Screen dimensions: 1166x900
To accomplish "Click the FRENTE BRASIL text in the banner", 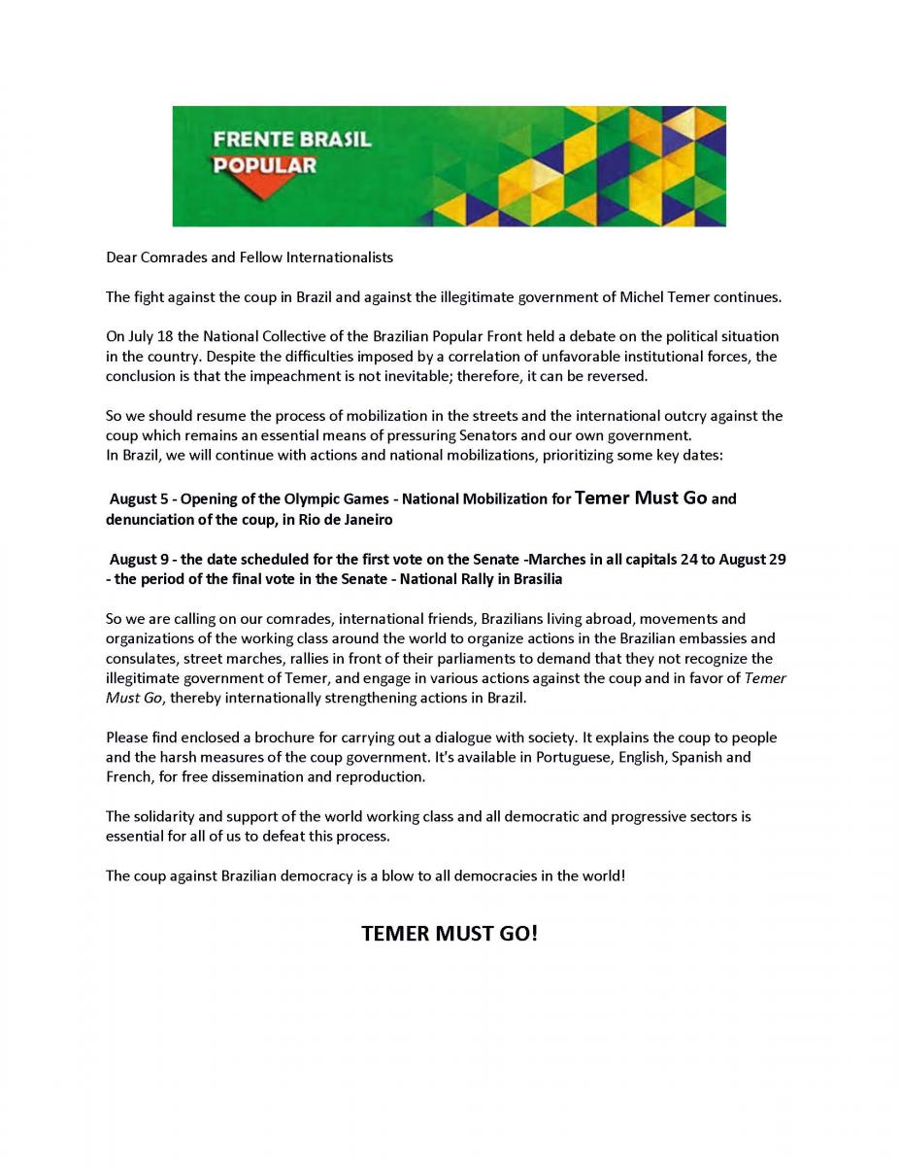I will click(291, 139).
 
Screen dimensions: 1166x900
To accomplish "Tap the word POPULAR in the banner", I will click(264, 165).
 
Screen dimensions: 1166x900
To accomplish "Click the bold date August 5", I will click(139, 499).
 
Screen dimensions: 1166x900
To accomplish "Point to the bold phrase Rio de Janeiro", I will click(344, 520).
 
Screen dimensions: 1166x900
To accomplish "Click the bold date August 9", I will click(139, 560).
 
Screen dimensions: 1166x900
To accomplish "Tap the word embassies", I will click(712, 638).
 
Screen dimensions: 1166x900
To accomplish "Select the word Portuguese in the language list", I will click(574, 757).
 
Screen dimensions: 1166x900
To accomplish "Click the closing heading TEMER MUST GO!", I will click(449, 934).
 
